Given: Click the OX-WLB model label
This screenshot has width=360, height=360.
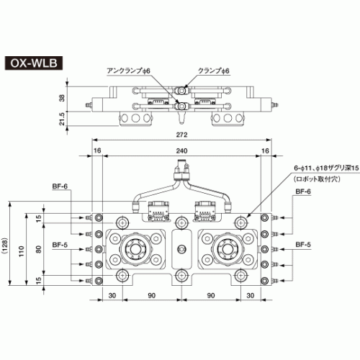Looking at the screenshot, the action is pyautogui.click(x=34, y=63).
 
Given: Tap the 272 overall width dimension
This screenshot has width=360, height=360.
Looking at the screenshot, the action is pyautogui.click(x=181, y=135).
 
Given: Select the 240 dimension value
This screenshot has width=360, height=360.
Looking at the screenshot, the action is pyautogui.click(x=181, y=150).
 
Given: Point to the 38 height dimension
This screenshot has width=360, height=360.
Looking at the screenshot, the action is pyautogui.click(x=62, y=98).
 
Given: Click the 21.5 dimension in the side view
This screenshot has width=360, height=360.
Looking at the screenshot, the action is pyautogui.click(x=62, y=119).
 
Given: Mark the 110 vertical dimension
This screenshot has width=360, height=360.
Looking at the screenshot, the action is pyautogui.click(x=22, y=251).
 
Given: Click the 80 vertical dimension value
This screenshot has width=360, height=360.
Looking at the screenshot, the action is pyautogui.click(x=38, y=249).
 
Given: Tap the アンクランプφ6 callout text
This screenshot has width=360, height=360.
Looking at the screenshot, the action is pyautogui.click(x=128, y=71).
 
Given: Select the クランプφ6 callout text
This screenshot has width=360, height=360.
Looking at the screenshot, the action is pyautogui.click(x=214, y=71).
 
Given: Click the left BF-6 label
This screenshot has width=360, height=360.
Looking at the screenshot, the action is pyautogui.click(x=60, y=186).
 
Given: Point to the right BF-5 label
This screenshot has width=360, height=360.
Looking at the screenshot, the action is pyautogui.click(x=303, y=245).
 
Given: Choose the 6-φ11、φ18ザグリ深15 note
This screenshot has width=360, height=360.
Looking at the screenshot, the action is pyautogui.click(x=326, y=168).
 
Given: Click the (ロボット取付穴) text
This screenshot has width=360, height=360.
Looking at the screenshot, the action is pyautogui.click(x=318, y=179).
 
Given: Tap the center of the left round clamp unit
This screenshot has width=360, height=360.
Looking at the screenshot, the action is pyautogui.click(x=135, y=249).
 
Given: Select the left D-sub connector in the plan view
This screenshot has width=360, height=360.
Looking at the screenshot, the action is pyautogui.click(x=158, y=210).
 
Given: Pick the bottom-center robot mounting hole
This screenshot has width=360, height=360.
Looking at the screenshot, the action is pyautogui.click(x=181, y=276).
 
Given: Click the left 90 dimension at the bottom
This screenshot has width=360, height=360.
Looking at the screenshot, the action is pyautogui.click(x=152, y=295).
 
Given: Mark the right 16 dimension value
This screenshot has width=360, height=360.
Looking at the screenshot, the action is pyautogui.click(x=265, y=150).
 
